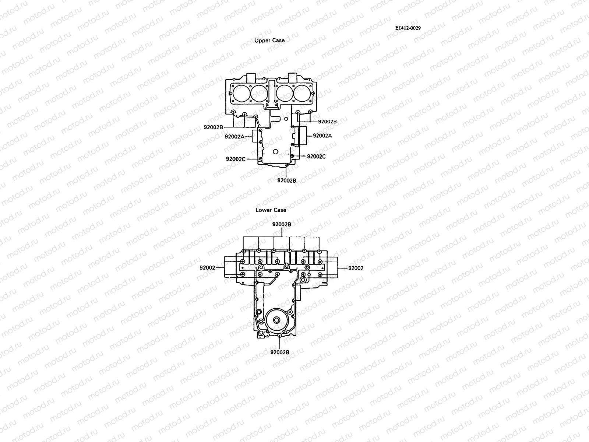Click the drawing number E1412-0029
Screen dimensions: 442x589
click(408, 28)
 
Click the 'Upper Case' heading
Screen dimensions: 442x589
click(269, 41)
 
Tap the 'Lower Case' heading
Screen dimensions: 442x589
click(271, 210)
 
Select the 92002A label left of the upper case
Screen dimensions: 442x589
click(234, 137)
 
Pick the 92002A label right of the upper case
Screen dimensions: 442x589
click(322, 136)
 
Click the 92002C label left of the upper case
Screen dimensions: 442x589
click(236, 159)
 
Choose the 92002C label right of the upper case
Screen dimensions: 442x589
click(316, 156)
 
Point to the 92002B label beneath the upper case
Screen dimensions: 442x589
click(287, 180)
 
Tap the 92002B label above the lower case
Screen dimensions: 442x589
click(282, 224)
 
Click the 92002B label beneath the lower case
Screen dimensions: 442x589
click(280, 352)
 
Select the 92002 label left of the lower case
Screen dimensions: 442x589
click(207, 268)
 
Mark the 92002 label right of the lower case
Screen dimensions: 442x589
click(356, 268)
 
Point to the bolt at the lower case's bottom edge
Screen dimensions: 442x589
click(280, 336)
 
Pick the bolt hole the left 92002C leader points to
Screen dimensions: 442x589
click(261, 159)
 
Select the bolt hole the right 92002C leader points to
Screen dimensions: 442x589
click(292, 156)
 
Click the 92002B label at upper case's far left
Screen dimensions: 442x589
click(214, 127)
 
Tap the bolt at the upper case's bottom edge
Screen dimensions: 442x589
click(286, 166)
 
